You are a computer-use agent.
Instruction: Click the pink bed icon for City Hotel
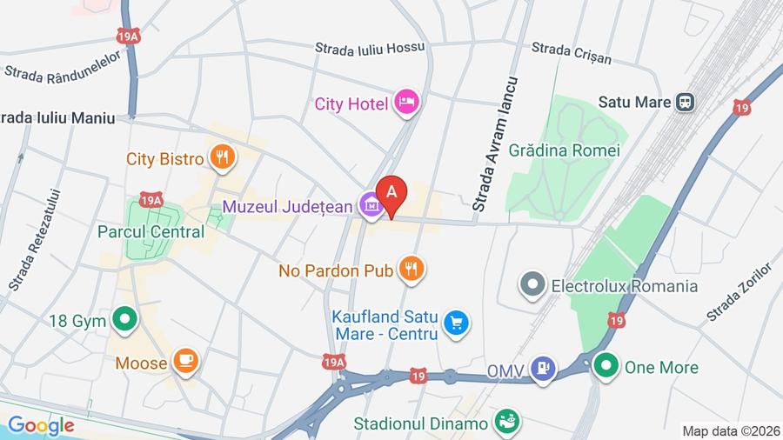tap(406, 103)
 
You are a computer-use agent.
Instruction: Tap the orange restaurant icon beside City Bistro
tap(221, 157)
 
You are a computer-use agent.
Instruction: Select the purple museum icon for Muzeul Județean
tap(371, 206)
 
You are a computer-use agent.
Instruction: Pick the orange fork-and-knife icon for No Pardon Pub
tap(412, 270)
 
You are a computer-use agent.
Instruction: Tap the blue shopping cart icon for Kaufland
tap(455, 323)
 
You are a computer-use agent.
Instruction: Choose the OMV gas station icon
tap(544, 368)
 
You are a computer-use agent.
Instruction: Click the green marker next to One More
tap(606, 366)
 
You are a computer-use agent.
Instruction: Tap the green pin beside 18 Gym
tap(124, 321)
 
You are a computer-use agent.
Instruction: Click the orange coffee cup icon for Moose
tap(185, 362)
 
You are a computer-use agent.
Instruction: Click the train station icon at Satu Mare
tap(686, 102)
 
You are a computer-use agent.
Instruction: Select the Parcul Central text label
tap(151, 232)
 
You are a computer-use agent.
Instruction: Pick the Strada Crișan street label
tap(572, 53)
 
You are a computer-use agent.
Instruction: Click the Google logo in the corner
tap(40, 425)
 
